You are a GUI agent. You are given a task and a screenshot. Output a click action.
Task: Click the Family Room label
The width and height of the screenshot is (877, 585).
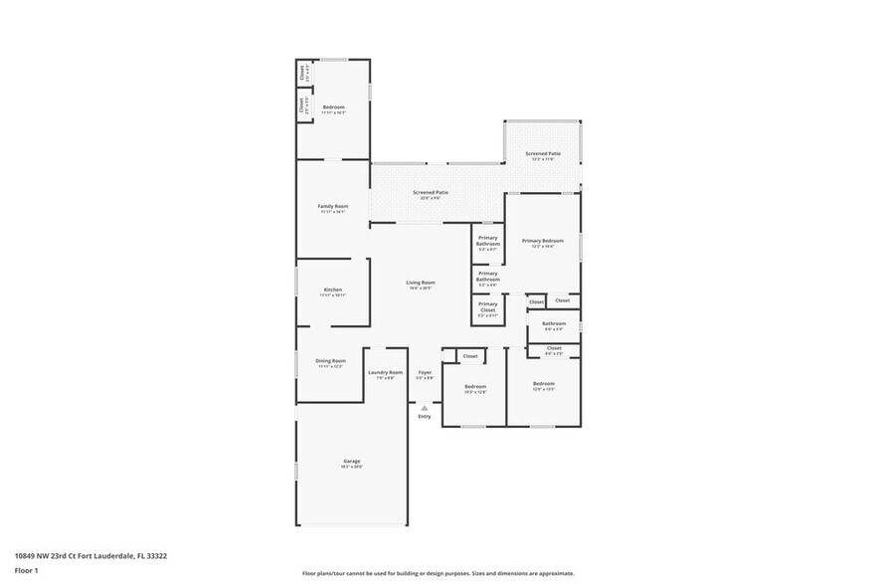[333, 206]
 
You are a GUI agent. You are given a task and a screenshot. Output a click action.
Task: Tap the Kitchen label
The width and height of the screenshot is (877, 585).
[332, 290]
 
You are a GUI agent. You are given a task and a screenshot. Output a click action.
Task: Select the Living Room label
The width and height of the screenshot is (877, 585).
[421, 283]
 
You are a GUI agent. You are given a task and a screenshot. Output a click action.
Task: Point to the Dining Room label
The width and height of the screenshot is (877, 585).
[331, 360]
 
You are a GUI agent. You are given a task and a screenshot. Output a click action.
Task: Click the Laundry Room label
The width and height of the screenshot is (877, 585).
[385, 372]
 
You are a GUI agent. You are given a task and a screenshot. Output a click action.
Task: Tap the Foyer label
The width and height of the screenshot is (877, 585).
[425, 372]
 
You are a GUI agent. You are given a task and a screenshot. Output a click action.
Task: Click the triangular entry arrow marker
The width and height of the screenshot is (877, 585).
[425, 407]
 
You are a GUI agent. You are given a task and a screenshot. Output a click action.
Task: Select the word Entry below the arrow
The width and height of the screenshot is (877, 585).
[425, 416]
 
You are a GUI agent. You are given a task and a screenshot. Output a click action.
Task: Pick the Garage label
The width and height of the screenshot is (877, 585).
[352, 461]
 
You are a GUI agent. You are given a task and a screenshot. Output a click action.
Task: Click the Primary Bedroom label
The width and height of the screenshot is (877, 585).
[543, 240]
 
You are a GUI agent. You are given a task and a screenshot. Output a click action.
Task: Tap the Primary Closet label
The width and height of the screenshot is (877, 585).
[487, 307]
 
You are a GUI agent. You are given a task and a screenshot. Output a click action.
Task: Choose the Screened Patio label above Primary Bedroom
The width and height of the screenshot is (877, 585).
[544, 153]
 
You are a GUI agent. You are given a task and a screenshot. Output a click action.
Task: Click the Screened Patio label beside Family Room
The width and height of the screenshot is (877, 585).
[431, 192]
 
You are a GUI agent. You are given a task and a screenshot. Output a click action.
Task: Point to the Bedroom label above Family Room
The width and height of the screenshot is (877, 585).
[333, 106]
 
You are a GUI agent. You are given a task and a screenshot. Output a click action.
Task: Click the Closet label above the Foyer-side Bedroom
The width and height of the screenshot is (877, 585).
[470, 355]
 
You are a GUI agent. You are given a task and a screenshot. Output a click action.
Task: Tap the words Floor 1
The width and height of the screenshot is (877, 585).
[27, 570]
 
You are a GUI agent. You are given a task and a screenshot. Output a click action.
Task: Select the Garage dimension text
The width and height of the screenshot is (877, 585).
[352, 467]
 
